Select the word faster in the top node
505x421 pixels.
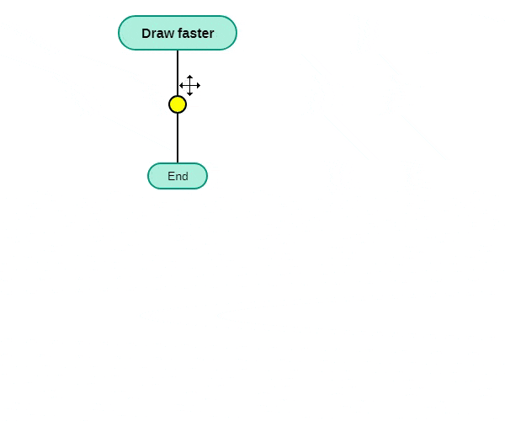click(195, 33)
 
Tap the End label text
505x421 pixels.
click(178, 176)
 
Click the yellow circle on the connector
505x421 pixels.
click(178, 104)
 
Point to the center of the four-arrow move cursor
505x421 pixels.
click(189, 85)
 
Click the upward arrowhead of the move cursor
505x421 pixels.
click(189, 77)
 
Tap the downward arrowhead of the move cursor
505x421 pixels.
click(189, 94)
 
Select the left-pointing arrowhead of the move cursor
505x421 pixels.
click(181, 85)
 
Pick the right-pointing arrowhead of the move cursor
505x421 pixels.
click(199, 85)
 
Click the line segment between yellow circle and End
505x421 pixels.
click(178, 138)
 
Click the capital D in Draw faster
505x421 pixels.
click(146, 33)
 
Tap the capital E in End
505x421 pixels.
click(171, 176)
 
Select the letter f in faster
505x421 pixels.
click(180, 33)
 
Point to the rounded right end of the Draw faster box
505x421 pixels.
click(236, 33)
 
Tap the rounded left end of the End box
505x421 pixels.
click(148, 176)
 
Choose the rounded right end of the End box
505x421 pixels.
click(207, 176)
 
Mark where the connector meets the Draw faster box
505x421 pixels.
click(178, 50)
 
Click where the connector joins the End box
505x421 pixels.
click(178, 163)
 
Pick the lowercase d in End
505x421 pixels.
click(185, 176)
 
